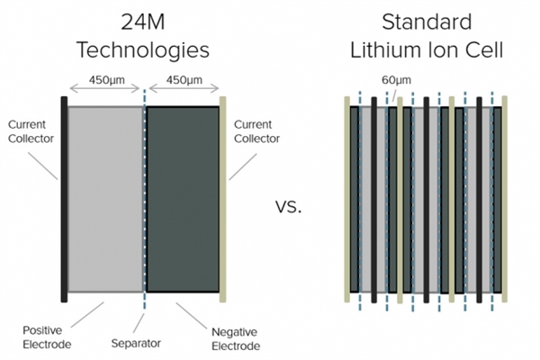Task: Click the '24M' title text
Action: tap(143, 22)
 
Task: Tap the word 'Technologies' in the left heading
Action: tap(143, 50)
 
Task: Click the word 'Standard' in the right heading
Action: tap(427, 22)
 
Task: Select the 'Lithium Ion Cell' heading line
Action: tap(427, 50)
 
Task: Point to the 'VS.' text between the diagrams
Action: tap(288, 207)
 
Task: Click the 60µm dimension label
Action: tap(396, 80)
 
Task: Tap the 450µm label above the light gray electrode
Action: tap(107, 80)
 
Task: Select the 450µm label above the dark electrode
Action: tap(184, 80)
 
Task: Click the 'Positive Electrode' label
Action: tap(47, 337)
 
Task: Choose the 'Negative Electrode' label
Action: tap(236, 339)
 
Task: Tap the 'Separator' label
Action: tap(136, 344)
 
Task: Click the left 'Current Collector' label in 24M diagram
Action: tap(31, 131)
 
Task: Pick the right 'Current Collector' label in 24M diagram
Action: tap(256, 131)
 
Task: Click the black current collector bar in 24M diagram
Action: tap(64, 200)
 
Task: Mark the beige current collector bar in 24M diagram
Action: tap(223, 200)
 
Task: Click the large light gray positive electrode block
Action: tap(105, 200)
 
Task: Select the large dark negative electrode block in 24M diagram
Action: tap(183, 200)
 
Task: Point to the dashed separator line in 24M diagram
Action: tap(145, 200)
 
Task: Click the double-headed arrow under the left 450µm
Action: tap(104, 89)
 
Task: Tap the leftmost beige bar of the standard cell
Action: tap(347, 200)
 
